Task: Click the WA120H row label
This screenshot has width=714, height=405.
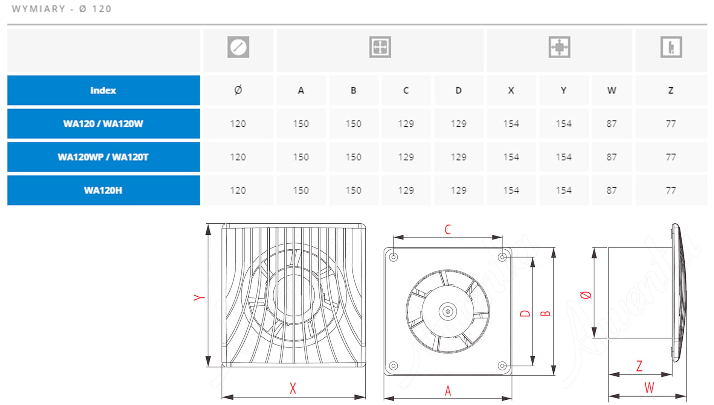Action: point(103,190)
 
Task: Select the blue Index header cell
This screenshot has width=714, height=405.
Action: point(104,90)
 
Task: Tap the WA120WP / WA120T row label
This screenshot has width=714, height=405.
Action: point(103,157)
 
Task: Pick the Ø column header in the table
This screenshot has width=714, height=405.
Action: point(238,90)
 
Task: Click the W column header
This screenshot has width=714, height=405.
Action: point(612,90)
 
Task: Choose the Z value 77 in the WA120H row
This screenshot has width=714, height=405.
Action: point(671,190)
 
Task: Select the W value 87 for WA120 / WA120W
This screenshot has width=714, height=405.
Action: point(612,124)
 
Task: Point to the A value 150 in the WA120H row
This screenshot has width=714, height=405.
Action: point(301,190)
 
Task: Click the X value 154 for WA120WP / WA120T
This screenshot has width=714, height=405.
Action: point(511,157)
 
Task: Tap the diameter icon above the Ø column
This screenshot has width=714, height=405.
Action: point(238,47)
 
